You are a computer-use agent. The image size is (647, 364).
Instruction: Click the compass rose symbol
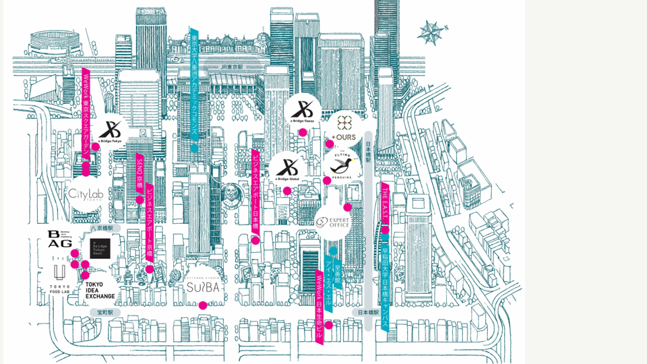pyautogui.click(x=431, y=32)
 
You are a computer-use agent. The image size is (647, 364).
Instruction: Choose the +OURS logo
pyautogui.click(x=344, y=128)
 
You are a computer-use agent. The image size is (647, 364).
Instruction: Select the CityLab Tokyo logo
pyautogui.click(x=86, y=194)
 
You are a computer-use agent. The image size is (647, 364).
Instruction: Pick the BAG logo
pyautogui.click(x=60, y=239)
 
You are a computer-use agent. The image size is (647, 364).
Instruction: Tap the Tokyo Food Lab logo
pyautogui.click(x=59, y=278)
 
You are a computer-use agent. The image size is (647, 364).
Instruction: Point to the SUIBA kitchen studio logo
pyautogui.click(x=203, y=284)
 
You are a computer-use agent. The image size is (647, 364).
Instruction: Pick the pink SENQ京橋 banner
pyautogui.click(x=140, y=174)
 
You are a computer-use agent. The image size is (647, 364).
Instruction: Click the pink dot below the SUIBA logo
pyautogui.click(x=203, y=305)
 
